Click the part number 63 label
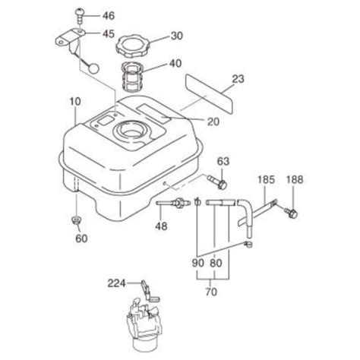click(x=223, y=161)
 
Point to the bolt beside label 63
click(x=219, y=182)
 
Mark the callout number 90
click(x=198, y=264)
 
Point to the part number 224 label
click(x=115, y=285)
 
